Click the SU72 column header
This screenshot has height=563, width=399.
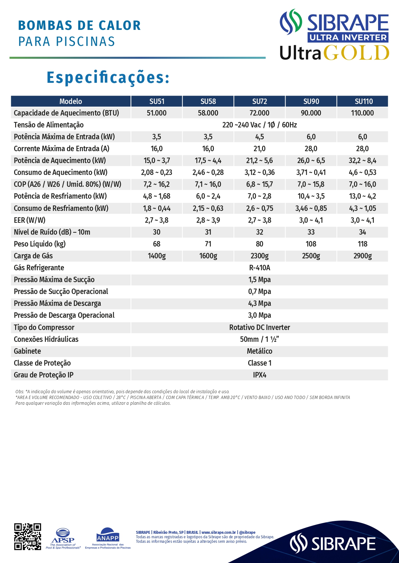click(259, 101)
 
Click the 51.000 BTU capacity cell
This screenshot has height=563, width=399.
click(157, 113)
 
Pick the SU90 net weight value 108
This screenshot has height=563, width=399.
click(311, 244)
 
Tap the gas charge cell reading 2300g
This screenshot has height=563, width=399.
click(259, 256)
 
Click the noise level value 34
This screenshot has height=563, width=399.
click(362, 232)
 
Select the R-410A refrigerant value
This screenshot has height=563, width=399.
click(259, 268)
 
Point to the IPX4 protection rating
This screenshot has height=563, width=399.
click(259, 375)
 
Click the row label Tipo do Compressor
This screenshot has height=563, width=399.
click(44, 327)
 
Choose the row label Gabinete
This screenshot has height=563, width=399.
click(27, 351)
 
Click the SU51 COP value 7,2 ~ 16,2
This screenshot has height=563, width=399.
click(157, 184)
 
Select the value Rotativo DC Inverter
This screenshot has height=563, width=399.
click(259, 327)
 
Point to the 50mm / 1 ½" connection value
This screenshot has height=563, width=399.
click(259, 339)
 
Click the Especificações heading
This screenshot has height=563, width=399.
click(108, 78)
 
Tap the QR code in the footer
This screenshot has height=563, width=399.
click(28, 537)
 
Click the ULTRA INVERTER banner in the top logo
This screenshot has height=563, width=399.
click(348, 38)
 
